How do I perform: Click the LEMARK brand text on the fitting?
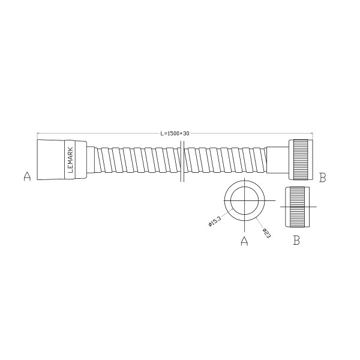click(71, 160)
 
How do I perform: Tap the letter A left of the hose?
click(26, 176)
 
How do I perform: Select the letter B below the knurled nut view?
click(296, 241)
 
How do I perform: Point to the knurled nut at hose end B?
click(300, 160)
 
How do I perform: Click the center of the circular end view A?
click(244, 202)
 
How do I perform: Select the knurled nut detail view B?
click(296, 206)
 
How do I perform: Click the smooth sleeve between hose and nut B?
click(278, 160)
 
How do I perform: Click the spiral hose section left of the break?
click(135, 160)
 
